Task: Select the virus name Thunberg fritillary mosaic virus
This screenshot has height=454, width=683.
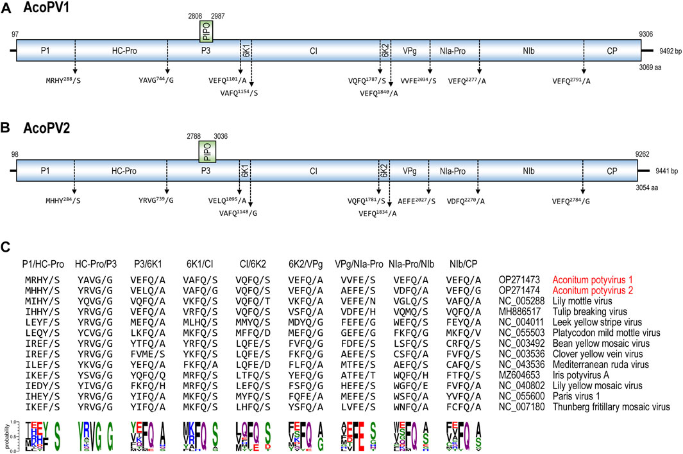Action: point(614,406)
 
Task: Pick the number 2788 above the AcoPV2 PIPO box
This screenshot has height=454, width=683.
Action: point(194,136)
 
